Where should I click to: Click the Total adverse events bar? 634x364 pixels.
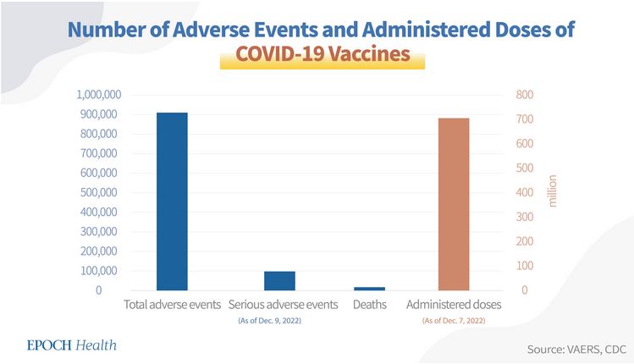[172, 201]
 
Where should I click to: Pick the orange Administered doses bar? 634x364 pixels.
[453, 204]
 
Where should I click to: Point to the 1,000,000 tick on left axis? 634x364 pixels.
[98, 94]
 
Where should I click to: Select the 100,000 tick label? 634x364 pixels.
[102, 271]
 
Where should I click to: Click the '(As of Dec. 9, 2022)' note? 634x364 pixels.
[284, 320]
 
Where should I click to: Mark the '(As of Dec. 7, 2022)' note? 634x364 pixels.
[454, 320]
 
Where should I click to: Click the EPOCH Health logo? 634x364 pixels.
[72, 345]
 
